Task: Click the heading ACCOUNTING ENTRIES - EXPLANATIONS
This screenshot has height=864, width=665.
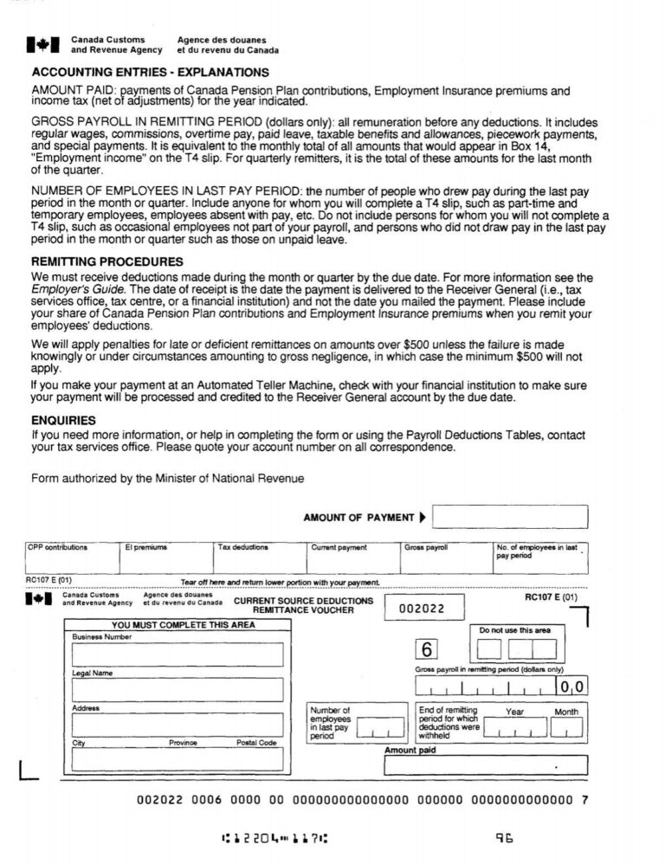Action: (x=150, y=73)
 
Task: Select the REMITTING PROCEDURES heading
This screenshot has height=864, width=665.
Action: (x=107, y=261)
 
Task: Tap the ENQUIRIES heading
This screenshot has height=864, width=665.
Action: (x=63, y=420)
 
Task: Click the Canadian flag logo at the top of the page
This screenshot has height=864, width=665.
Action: (x=42, y=44)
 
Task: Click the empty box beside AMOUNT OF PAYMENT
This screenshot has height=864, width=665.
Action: (x=509, y=518)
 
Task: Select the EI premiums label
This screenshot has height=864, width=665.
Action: (x=145, y=548)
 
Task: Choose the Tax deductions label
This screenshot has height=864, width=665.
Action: (x=243, y=548)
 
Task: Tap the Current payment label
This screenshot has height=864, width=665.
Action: (x=339, y=548)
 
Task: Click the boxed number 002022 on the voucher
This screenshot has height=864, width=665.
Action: (x=422, y=609)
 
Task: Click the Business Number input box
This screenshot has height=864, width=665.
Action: (x=178, y=655)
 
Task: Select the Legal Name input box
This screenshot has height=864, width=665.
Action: (x=178, y=690)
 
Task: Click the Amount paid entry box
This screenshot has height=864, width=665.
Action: (x=485, y=765)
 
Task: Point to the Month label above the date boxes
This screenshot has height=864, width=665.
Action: (x=565, y=712)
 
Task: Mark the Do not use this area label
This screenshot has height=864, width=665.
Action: (x=514, y=630)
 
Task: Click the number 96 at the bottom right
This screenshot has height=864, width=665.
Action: (x=504, y=837)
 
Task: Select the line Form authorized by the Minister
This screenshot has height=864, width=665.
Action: (x=167, y=478)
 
